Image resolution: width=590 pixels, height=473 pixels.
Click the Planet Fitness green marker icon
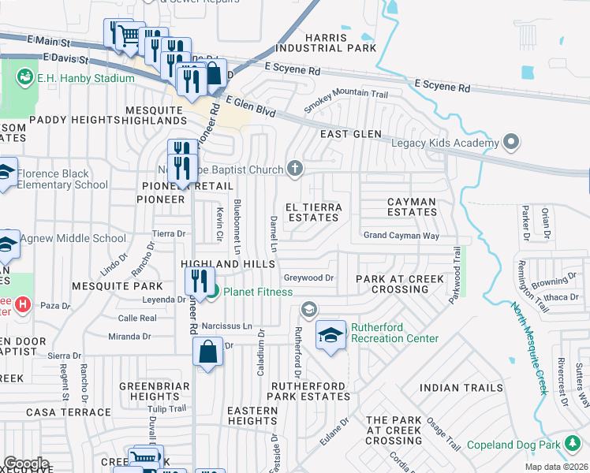click(213, 292)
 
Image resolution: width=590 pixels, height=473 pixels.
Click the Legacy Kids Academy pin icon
click(511, 143)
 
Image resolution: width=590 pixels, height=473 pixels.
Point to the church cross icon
click(295, 167)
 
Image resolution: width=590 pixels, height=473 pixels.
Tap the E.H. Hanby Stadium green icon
click(25, 78)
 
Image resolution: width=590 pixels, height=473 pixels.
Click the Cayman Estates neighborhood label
click(412, 207)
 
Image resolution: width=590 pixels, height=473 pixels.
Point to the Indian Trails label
click(461, 388)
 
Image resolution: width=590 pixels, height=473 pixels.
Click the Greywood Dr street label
click(309, 277)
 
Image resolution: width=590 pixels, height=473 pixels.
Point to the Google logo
click(26, 464)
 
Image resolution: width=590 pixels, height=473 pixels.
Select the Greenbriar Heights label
click(150, 391)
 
